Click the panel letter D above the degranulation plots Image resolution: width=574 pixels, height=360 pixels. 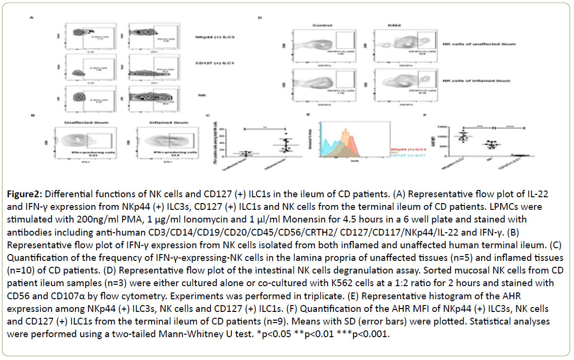pyautogui.click(x=260, y=18)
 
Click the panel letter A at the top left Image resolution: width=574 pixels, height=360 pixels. pyautogui.click(x=32, y=18)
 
